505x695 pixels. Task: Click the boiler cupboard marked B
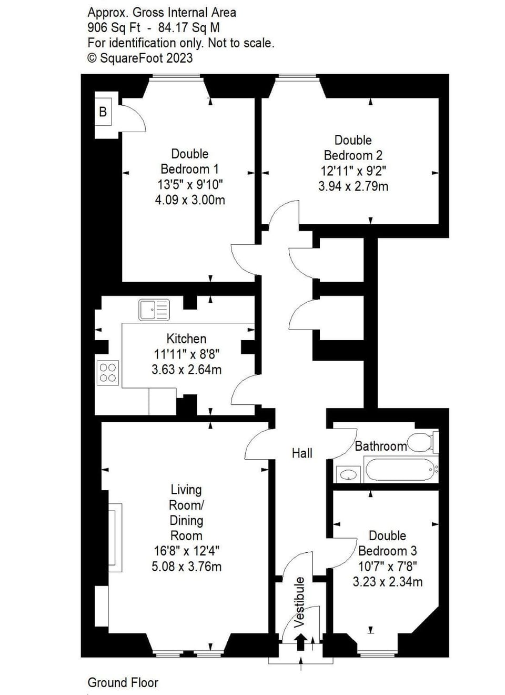tap(103, 112)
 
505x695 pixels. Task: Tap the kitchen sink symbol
tap(154, 310)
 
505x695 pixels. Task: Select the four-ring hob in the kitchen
tap(108, 373)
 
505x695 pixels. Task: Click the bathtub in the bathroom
tap(399, 469)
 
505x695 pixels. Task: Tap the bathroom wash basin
tap(348, 474)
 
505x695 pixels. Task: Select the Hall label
tap(302, 453)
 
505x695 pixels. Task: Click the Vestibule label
tap(299, 602)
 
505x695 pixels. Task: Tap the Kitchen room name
tap(186, 339)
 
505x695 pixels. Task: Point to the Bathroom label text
tap(380, 446)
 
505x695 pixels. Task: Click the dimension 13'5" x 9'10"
tap(190, 184)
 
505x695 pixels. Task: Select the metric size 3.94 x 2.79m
tap(353, 186)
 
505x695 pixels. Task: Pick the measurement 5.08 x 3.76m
tap(186, 567)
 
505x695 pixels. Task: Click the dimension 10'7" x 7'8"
tap(387, 566)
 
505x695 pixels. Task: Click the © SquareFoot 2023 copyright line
tap(140, 58)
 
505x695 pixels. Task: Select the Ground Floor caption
tap(123, 682)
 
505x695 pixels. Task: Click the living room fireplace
tap(115, 538)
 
